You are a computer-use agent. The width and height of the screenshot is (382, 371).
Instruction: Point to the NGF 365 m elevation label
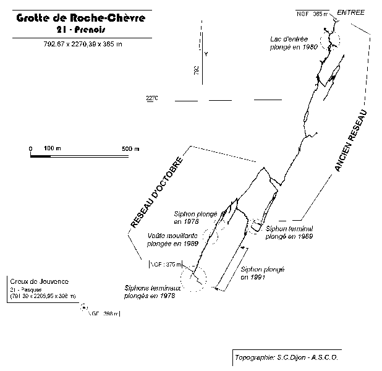pyautogui.click(x=312, y=12)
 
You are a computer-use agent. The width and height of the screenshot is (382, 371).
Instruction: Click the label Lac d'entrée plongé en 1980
pyautogui.click(x=294, y=43)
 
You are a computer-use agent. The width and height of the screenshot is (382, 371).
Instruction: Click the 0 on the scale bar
pyautogui.click(x=30, y=149)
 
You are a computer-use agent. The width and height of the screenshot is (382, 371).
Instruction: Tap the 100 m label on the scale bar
pyautogui.click(x=53, y=149)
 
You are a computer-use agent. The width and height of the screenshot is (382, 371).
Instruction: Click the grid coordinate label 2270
pyautogui.click(x=153, y=98)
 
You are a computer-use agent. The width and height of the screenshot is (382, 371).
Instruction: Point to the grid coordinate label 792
pyautogui.click(x=196, y=70)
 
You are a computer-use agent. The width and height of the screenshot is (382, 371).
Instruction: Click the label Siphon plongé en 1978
pyautogui.click(x=195, y=217)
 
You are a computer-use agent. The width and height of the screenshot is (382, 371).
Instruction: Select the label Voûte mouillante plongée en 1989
pyautogui.click(x=173, y=239)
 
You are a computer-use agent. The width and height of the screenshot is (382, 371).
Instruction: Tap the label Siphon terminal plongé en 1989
pyautogui.click(x=289, y=232)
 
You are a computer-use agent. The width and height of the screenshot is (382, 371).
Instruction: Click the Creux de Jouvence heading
pyautogui.click(x=40, y=282)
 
